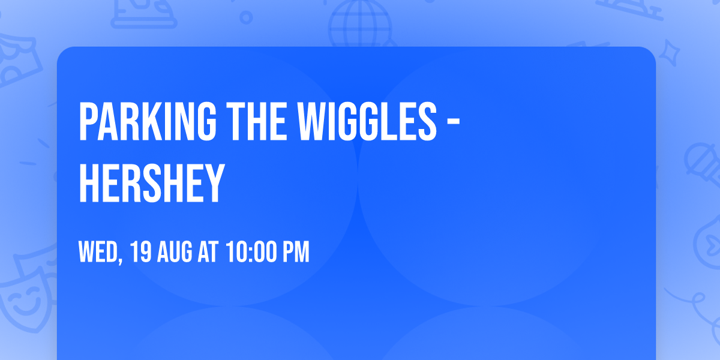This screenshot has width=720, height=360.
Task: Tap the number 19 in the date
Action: click(140, 253)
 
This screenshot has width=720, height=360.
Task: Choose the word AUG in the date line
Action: click(175, 253)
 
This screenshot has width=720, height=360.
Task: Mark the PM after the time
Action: click(296, 253)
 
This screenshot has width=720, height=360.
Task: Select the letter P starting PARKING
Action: click(88, 121)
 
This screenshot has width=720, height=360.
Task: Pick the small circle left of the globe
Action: click(245, 18)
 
